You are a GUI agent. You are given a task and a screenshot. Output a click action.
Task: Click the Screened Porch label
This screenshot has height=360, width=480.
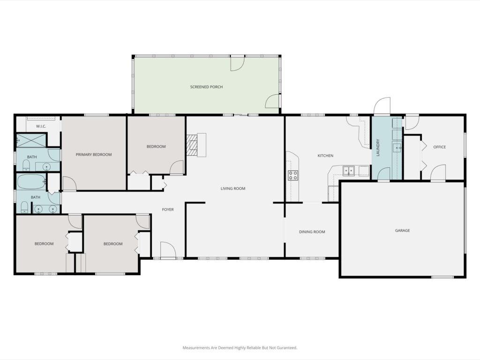206,87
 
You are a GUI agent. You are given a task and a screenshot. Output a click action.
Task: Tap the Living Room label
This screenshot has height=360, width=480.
233,188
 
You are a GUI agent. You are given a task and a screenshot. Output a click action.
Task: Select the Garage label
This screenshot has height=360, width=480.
402,231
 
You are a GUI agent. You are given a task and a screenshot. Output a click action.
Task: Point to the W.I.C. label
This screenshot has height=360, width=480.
41,127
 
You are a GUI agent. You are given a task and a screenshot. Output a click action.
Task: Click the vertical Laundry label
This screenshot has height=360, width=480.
378,148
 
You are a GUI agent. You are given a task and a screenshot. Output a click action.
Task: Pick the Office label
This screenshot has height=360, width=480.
440,147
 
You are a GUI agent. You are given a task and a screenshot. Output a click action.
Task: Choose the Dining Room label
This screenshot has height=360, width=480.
312,232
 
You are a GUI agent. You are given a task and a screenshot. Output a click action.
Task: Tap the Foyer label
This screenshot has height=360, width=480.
168,210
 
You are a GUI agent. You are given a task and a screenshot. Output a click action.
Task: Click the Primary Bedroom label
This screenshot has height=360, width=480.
94,155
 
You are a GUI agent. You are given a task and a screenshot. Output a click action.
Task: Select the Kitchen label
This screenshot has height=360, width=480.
325,156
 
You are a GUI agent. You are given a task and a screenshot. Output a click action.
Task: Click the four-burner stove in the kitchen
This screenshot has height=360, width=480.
292,175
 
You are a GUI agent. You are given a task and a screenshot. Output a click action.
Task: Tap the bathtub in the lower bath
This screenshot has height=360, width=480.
31,182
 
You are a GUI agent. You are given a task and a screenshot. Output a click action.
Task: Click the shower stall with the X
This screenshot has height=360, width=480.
30,140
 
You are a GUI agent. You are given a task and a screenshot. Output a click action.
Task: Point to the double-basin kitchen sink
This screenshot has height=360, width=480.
348,171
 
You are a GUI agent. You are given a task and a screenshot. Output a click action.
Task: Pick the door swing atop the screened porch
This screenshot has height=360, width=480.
237,64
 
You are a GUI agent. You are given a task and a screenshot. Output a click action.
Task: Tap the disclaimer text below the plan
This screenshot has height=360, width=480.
240,348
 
